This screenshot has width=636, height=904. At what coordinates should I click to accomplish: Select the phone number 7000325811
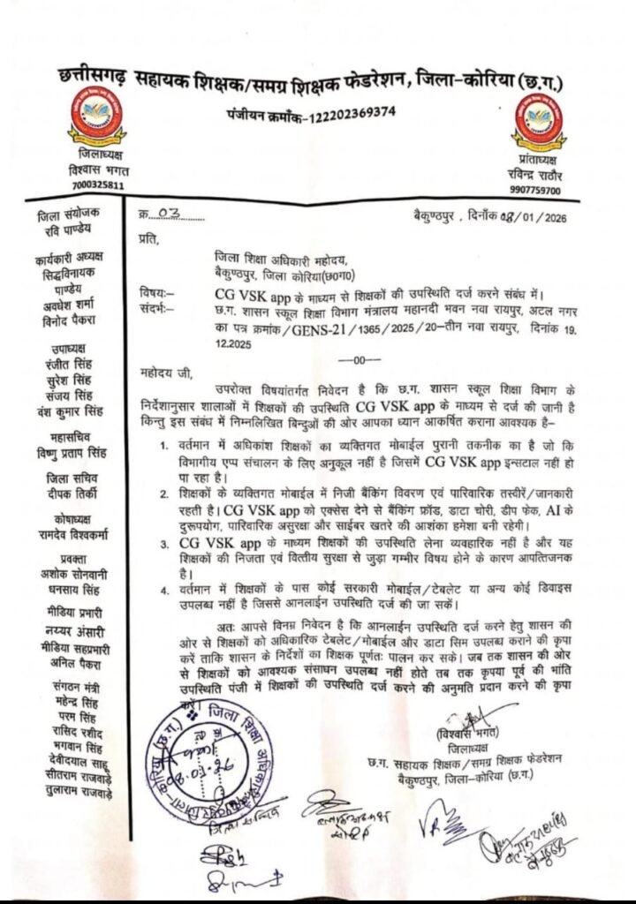(x=97, y=185)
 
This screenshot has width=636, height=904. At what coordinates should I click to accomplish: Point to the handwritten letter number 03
(x=166, y=215)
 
